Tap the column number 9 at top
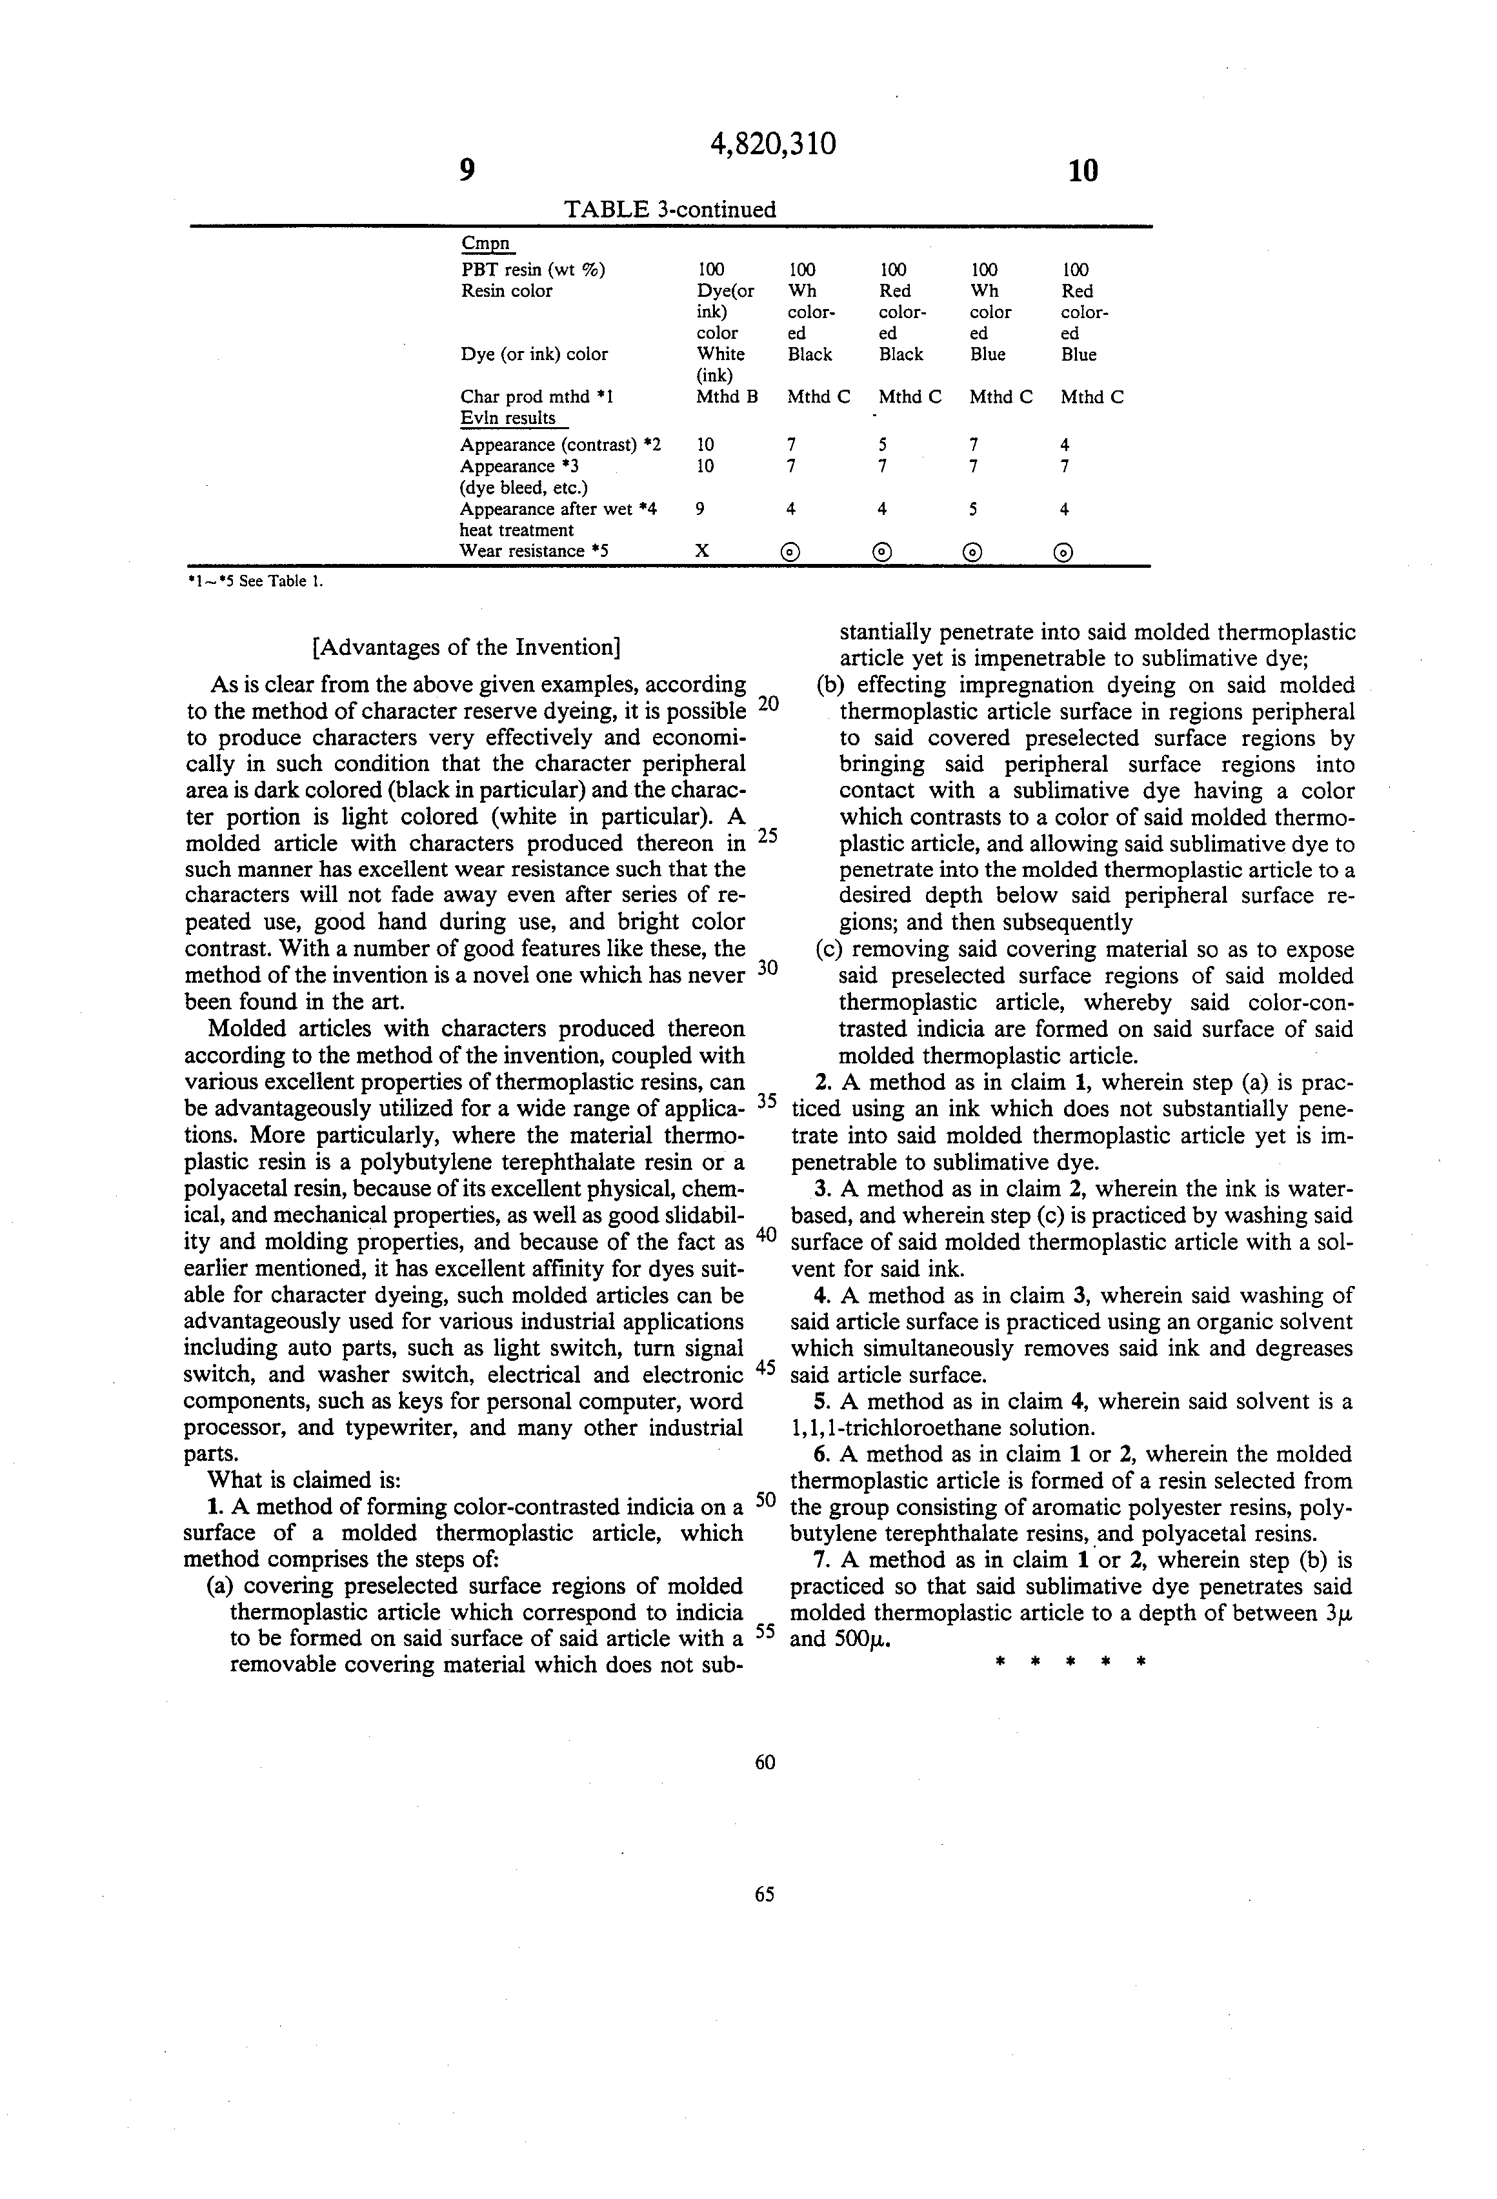(x=466, y=170)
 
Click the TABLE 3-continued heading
(x=669, y=209)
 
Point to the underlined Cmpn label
(x=485, y=243)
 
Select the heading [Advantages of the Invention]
(x=467, y=647)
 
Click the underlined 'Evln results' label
(x=508, y=418)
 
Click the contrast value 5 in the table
(x=882, y=445)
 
